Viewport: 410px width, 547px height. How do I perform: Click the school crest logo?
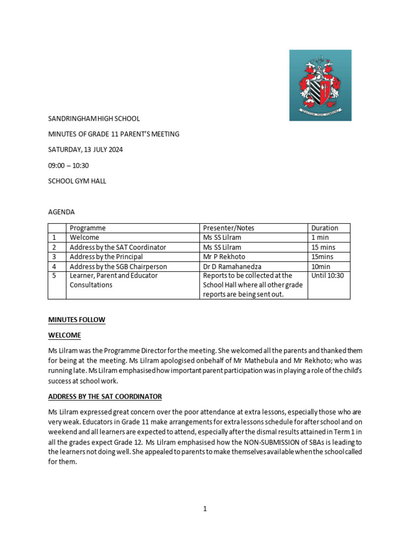click(320, 85)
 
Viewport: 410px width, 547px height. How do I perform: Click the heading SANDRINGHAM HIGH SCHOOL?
click(94, 119)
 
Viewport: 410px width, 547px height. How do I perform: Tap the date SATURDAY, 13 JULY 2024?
click(85, 150)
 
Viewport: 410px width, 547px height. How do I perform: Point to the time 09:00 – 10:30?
click(68, 166)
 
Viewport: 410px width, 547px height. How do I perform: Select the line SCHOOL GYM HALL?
click(77, 181)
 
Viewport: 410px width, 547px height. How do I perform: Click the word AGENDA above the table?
click(61, 212)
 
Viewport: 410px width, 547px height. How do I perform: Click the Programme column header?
click(88, 228)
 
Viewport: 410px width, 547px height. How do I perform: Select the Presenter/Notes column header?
click(228, 228)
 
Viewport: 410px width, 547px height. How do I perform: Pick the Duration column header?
click(325, 228)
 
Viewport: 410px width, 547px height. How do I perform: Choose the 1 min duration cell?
click(320, 238)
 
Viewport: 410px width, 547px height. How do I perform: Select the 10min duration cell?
click(322, 267)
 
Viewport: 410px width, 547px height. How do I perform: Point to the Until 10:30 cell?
click(327, 276)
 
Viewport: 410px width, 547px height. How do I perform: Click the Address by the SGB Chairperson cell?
click(118, 267)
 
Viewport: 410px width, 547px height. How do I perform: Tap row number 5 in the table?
click(54, 276)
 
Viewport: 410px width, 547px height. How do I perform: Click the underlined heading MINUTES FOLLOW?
click(76, 320)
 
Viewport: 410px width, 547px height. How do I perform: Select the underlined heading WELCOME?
click(65, 335)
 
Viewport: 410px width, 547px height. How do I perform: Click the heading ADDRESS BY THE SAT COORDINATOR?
click(105, 397)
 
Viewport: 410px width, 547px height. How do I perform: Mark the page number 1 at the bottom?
click(204, 509)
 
